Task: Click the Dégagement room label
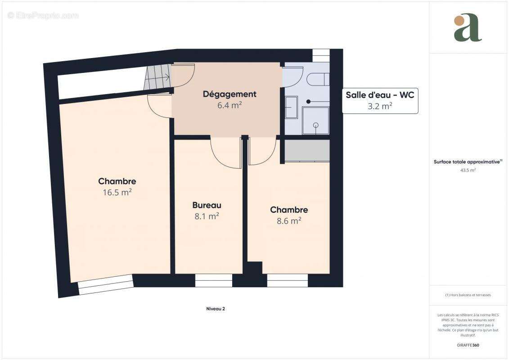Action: pos(229,94)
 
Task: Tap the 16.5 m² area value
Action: pos(117,193)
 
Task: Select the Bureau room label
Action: pos(207,205)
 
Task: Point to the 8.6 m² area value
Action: pos(289,221)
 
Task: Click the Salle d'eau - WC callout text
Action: pos(380,95)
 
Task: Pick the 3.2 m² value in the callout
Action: pos(380,106)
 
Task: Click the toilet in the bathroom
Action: pos(318,79)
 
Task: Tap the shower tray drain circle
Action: pos(315,125)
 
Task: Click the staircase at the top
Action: pos(158,76)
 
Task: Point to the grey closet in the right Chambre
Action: pos(307,150)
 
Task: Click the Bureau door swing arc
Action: pos(225,155)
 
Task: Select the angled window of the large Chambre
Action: pos(106,284)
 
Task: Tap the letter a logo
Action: pos(468,28)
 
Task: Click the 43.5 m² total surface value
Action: pos(468,170)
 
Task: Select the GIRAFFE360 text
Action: pos(468,345)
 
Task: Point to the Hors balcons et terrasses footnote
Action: pos(468,295)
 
